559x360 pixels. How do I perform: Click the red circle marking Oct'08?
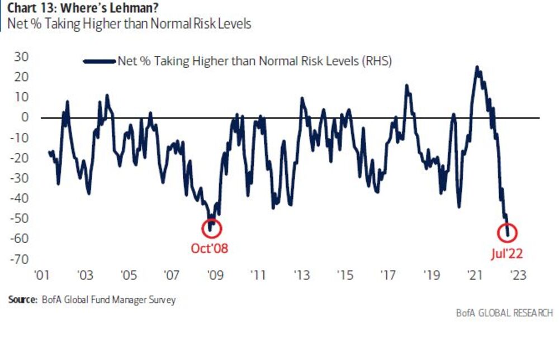pos(212,228)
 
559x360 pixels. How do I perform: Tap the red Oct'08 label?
pos(210,249)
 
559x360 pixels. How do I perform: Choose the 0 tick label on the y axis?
pos(25,117)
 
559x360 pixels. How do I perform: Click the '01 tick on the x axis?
pos(42,276)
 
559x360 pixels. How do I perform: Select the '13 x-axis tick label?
pos(301,276)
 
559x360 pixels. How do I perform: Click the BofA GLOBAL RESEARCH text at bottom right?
pos(504,312)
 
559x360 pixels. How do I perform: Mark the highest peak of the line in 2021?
pos(476,67)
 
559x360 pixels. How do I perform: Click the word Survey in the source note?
pos(161,300)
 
